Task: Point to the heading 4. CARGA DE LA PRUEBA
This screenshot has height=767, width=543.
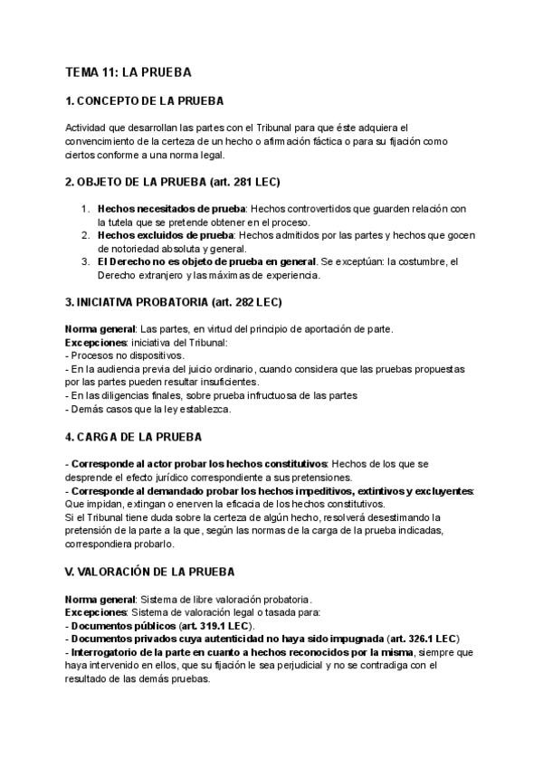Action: (x=133, y=438)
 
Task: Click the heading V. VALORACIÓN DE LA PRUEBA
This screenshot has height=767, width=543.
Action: (x=150, y=573)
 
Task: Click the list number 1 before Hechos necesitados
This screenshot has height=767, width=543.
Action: (x=86, y=208)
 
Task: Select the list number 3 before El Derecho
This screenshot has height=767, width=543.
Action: (x=86, y=262)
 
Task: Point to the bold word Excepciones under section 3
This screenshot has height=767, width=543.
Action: (x=97, y=344)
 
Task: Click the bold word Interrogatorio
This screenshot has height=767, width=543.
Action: (x=109, y=652)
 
